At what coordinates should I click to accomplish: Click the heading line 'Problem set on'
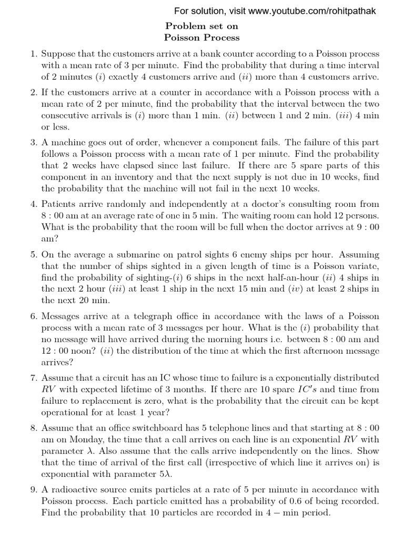pyautogui.click(x=202, y=26)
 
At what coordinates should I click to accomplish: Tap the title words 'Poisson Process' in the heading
pyautogui.click(x=202, y=37)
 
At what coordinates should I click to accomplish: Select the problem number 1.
pyautogui.click(x=32, y=54)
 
